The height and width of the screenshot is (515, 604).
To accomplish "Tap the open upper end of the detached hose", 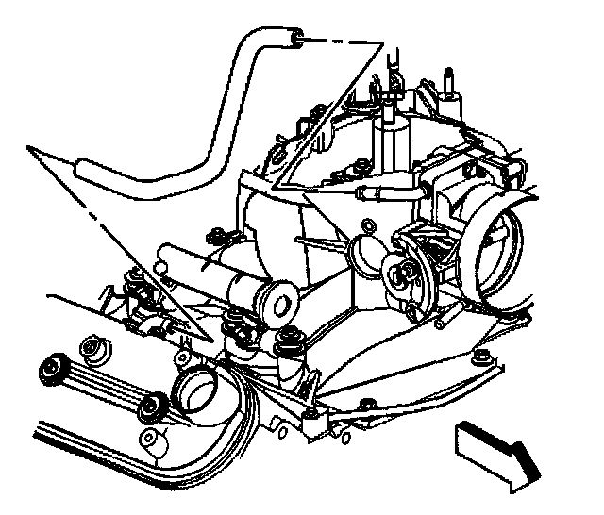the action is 297,38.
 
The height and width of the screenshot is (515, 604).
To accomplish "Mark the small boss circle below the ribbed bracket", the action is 150,440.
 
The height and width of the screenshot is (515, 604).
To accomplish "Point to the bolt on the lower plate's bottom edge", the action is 365,405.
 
